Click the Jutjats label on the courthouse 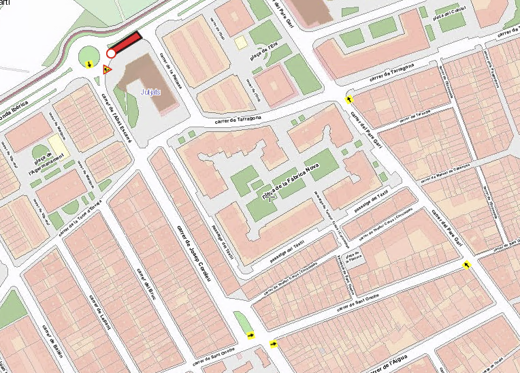[150, 91]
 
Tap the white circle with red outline [111, 53]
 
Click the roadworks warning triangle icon [107, 69]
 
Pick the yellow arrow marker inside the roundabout [91, 65]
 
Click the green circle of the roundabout [89, 56]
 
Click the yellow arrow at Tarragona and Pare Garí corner [350, 99]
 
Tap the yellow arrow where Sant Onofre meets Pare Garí [466, 265]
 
